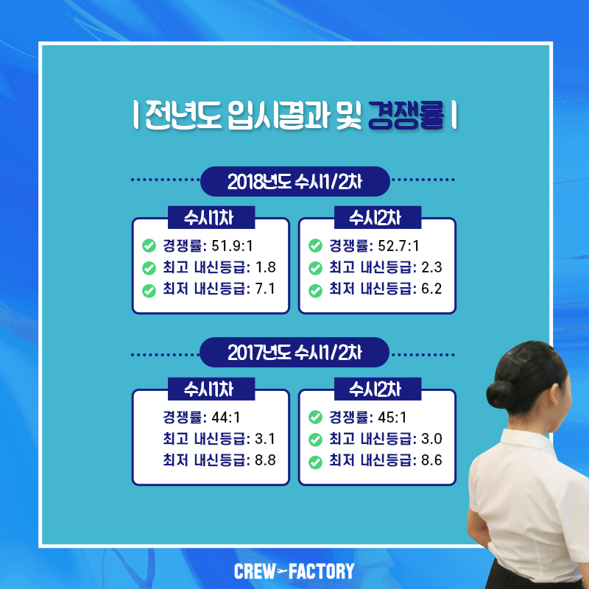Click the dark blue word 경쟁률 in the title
[x=406, y=116]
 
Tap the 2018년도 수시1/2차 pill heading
[x=295, y=181]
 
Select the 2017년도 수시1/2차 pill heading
[x=294, y=353]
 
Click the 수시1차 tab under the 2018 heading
[x=211, y=217]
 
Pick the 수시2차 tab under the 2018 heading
[x=378, y=217]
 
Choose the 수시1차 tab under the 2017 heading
[x=211, y=389]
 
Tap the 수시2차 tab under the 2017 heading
[x=378, y=389]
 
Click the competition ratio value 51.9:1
[x=232, y=246]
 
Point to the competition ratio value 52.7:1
[x=398, y=246]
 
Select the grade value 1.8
[x=265, y=267]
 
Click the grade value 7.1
[x=265, y=289]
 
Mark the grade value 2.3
[x=431, y=267]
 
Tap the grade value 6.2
[x=431, y=289]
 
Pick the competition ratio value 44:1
[x=226, y=417]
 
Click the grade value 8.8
[x=265, y=460]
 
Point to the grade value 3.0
[x=431, y=439]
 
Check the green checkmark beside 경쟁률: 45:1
[x=315, y=417]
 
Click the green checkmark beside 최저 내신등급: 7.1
[x=149, y=290]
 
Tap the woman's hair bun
[x=501, y=395]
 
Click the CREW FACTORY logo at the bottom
[x=294, y=571]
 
